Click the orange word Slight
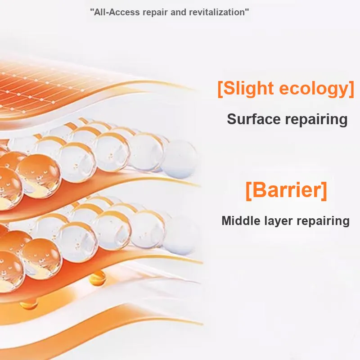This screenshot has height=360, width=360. [x=248, y=89]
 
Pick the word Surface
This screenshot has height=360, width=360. [x=254, y=119]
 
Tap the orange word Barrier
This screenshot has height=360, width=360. [x=286, y=190]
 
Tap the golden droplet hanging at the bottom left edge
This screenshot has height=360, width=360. [x=29, y=304]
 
